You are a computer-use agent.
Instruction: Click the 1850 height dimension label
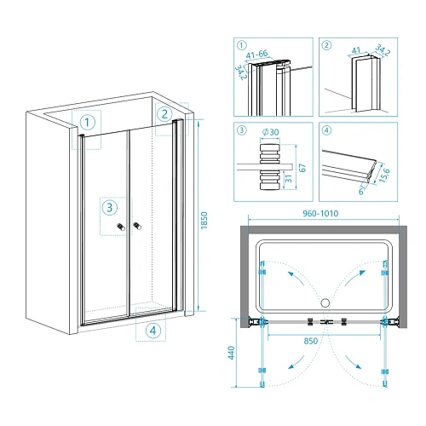click(x=204, y=221)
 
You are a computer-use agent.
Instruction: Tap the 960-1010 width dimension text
click(x=320, y=214)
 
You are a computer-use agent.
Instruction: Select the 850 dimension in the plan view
click(x=311, y=341)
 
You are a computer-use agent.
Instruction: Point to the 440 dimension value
click(x=232, y=353)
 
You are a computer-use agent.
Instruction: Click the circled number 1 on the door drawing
click(x=87, y=123)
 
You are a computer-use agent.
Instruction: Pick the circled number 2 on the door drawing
click(x=164, y=114)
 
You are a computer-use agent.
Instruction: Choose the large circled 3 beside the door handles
click(x=110, y=207)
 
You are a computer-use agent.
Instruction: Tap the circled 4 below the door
click(x=153, y=331)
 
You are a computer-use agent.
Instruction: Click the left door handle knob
click(x=121, y=227)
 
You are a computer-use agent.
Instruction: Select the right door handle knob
click(x=137, y=226)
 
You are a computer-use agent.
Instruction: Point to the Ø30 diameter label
click(x=271, y=132)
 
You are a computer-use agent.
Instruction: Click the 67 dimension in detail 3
click(x=302, y=168)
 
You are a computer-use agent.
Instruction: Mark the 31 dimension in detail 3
click(x=288, y=179)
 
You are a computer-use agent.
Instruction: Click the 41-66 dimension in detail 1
click(x=256, y=54)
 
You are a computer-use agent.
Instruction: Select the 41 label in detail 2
click(x=356, y=50)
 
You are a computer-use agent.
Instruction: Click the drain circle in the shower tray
click(x=325, y=302)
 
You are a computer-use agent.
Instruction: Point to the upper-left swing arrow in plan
click(x=296, y=279)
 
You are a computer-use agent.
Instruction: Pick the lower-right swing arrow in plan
click(x=353, y=362)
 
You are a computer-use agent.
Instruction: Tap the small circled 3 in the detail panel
click(x=241, y=130)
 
